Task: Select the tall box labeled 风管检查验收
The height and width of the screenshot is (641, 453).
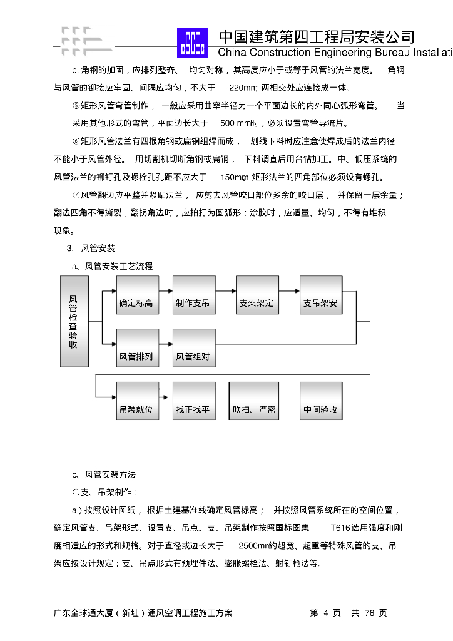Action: (74, 322)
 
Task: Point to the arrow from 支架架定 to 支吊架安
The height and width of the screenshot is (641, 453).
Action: (288, 290)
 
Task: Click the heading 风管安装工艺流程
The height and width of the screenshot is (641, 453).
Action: (118, 266)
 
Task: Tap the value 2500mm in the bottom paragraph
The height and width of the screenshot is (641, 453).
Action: (255, 546)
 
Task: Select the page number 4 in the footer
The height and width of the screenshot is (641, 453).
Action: (326, 613)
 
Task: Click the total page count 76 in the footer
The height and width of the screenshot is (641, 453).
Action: (369, 613)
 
